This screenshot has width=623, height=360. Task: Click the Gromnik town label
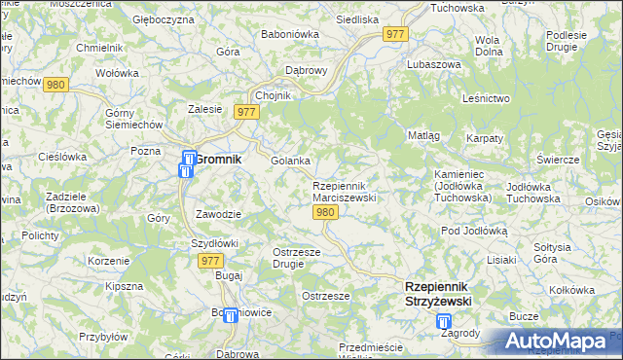(x=221, y=159)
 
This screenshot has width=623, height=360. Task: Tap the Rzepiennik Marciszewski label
(x=344, y=191)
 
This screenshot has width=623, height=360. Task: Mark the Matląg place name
(x=424, y=135)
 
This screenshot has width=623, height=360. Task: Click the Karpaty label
(x=484, y=138)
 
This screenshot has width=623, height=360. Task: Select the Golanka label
(x=290, y=161)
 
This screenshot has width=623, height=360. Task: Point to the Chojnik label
(x=273, y=95)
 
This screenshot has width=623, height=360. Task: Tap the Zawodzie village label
(x=218, y=213)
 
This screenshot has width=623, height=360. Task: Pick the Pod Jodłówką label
(x=475, y=231)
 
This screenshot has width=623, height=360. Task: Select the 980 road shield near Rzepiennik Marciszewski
(x=327, y=213)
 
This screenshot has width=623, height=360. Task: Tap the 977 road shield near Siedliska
(x=395, y=34)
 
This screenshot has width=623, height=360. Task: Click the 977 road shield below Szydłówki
(x=210, y=261)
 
